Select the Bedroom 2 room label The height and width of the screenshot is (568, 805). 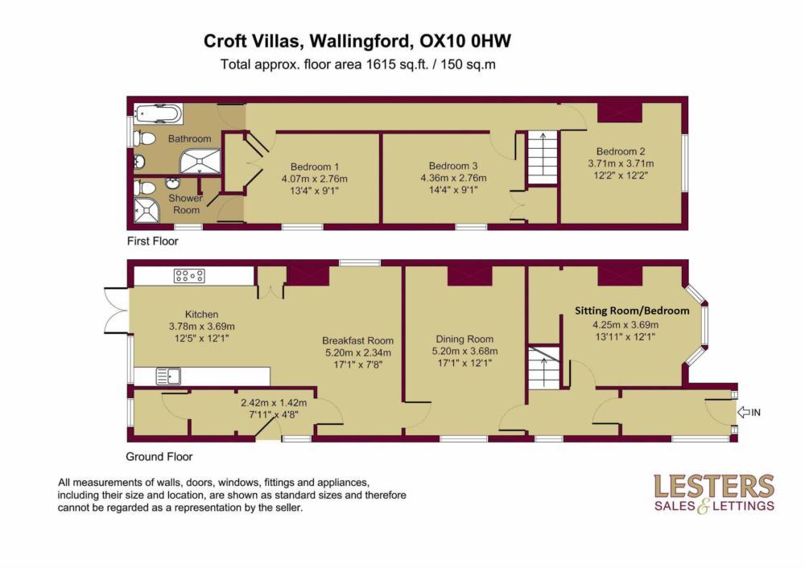pyautogui.click(x=621, y=150)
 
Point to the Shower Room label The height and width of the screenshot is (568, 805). pyautogui.click(x=184, y=204)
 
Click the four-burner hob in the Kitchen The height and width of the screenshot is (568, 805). pyautogui.click(x=189, y=276)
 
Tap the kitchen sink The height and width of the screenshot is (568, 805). pyautogui.click(x=169, y=376)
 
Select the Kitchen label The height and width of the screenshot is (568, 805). pyautogui.click(x=201, y=314)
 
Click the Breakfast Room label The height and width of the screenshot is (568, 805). pyautogui.click(x=358, y=340)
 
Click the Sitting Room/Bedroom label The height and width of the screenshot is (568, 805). pyautogui.click(x=632, y=311)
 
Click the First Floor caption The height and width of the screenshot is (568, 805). pyautogui.click(x=152, y=241)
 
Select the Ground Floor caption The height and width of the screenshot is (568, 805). pyautogui.click(x=159, y=456)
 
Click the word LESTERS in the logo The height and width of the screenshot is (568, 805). pyautogui.click(x=714, y=486)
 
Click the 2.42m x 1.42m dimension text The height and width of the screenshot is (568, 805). pyautogui.click(x=275, y=402)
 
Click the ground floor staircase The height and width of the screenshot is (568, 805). pyautogui.click(x=543, y=366)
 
